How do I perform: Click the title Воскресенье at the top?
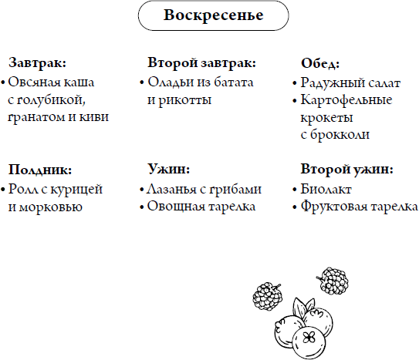213,15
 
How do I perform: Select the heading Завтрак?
37,63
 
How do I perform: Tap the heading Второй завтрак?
201,63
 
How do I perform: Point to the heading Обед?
320,63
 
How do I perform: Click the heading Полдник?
40,170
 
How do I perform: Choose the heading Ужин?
169,169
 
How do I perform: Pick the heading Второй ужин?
346,169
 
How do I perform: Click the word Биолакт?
326,189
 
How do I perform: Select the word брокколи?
340,134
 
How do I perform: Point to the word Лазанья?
171,190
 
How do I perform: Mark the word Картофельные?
346,100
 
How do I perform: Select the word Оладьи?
171,82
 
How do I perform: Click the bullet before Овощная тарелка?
142,207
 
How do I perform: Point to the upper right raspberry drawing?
332,281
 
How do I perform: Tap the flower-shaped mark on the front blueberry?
309,338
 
